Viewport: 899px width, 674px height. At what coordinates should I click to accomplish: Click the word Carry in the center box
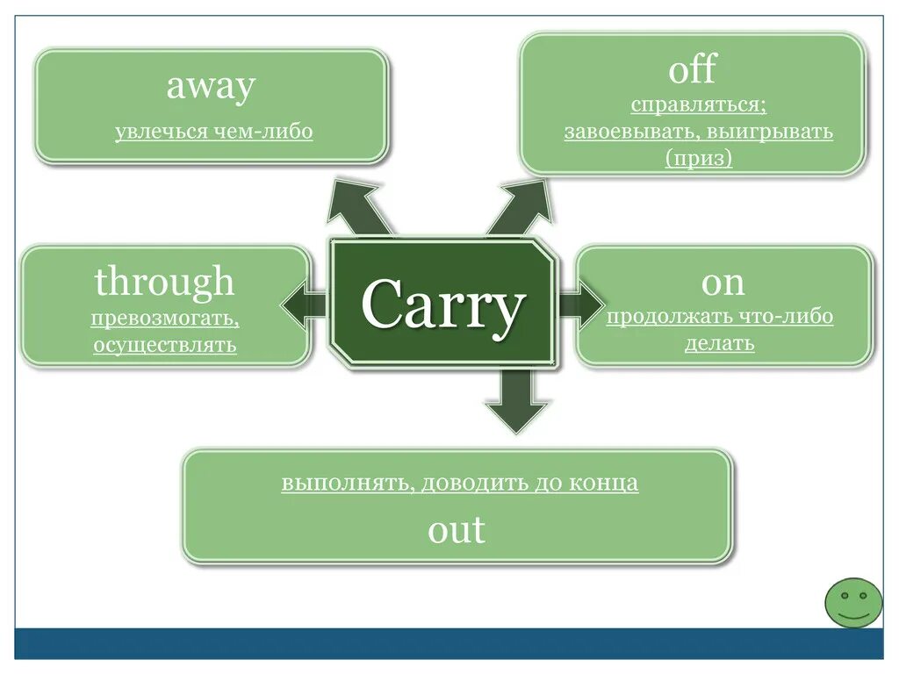(442, 305)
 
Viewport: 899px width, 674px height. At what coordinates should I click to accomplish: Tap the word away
(211, 86)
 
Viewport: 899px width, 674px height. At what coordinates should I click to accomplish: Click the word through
(165, 282)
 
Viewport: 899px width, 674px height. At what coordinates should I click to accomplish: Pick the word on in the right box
(723, 282)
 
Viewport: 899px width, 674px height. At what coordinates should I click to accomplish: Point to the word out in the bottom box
(457, 529)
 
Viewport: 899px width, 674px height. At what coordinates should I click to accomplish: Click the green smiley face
(852, 602)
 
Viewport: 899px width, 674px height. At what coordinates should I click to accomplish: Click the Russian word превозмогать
(163, 318)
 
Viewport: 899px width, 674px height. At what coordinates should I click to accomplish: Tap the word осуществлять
(165, 344)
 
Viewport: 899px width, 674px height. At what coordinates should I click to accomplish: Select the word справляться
(698, 105)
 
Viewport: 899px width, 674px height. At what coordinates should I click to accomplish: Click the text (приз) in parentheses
(698, 159)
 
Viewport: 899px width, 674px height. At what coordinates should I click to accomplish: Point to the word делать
(720, 343)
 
